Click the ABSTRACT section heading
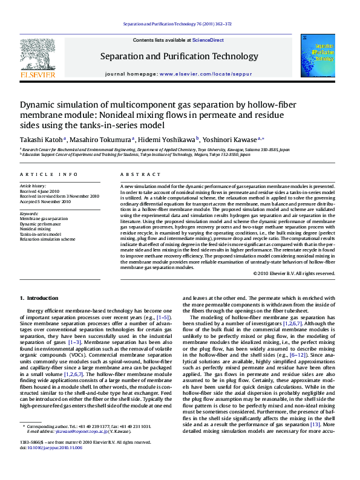136,174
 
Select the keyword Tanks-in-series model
41,234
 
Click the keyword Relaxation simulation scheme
48,239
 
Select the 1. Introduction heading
39,298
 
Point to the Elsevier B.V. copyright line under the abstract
294,273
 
